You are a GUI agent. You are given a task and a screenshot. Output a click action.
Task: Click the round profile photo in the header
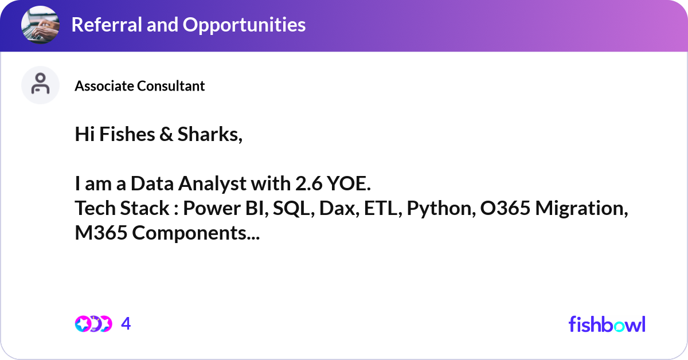pyautogui.click(x=40, y=25)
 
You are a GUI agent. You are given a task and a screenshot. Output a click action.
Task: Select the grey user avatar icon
pyautogui.click(x=40, y=85)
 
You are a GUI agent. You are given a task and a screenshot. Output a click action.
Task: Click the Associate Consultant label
pyautogui.click(x=139, y=86)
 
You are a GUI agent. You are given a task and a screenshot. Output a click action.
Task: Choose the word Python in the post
pyautogui.click(x=440, y=209)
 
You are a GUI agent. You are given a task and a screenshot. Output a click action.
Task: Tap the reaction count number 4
pyautogui.click(x=126, y=324)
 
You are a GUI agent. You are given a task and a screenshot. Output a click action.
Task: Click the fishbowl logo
pyautogui.click(x=607, y=324)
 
